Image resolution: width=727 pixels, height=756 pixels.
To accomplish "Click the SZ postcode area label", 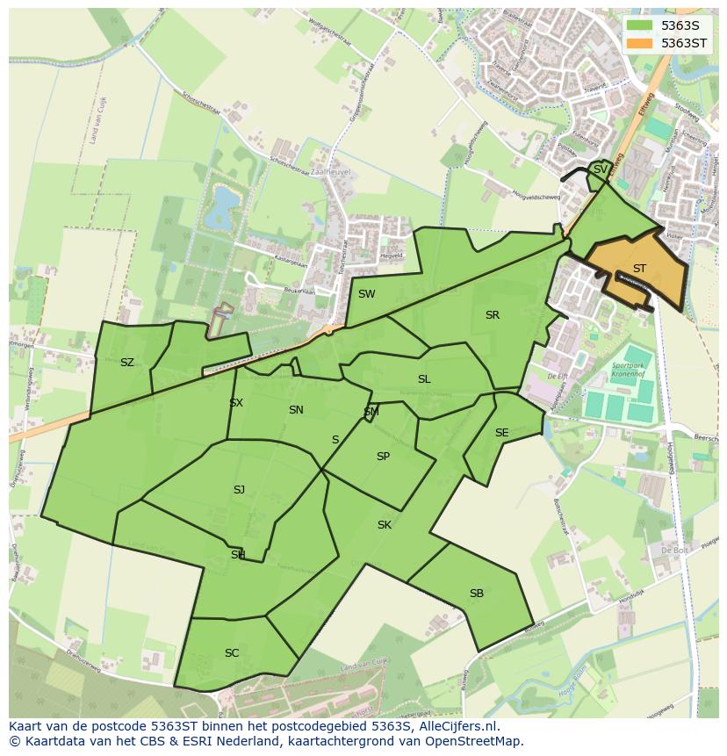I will [127, 363].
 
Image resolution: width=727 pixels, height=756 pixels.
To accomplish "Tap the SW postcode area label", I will [366, 294].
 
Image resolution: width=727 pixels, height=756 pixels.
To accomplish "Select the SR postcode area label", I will [492, 315].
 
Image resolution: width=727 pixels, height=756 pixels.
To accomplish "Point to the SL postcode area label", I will [424, 379].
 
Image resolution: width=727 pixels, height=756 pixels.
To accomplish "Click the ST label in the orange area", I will [639, 269].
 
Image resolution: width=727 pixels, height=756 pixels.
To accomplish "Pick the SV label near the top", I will [600, 169].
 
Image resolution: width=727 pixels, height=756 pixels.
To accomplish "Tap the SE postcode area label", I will [501, 433].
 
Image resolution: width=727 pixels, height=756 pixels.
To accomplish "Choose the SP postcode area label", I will [383, 457].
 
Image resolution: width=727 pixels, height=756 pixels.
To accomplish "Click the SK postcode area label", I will [384, 525].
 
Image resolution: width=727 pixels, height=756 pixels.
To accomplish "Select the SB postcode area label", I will [476, 594].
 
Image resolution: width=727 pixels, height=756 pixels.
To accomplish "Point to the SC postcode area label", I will [232, 653].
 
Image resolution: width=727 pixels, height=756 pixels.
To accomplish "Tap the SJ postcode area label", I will [239, 490].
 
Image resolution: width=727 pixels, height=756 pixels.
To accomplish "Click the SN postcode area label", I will [296, 410].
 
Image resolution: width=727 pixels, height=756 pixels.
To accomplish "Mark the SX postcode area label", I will [236, 403].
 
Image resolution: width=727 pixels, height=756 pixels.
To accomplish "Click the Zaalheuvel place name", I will [330, 173].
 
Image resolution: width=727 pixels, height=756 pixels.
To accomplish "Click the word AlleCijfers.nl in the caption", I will [457, 727].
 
